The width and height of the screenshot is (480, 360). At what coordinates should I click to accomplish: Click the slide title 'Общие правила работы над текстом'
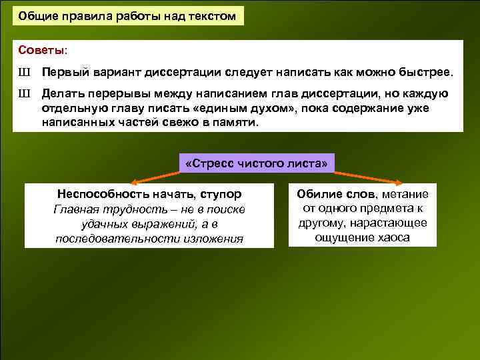pos(127,16)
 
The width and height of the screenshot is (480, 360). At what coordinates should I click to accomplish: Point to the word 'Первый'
pos(62,72)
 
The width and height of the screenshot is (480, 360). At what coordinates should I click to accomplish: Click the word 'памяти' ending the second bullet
pos(236,123)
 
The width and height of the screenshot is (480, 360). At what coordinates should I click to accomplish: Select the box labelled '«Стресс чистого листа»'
pos(258,163)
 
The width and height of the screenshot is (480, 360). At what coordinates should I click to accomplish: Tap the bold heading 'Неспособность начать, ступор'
pos(149,194)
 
